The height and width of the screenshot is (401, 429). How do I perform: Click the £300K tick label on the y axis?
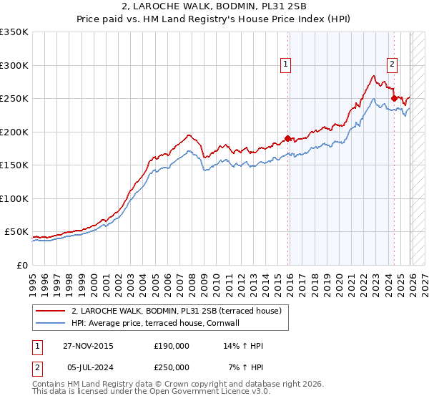[14, 65]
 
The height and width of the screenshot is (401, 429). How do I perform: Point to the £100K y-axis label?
[14, 198]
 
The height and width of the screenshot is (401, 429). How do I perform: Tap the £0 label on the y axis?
[21, 265]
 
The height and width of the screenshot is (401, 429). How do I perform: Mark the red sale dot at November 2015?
[288, 138]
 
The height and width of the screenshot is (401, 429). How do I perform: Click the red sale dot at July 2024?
[394, 98]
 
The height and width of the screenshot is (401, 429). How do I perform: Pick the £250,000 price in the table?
[172, 367]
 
